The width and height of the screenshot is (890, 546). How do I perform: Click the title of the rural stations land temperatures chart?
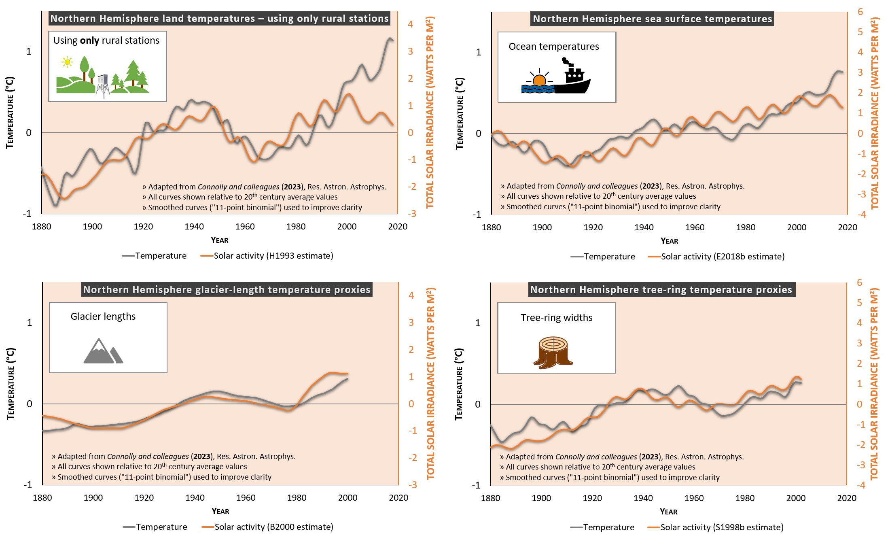[x=219, y=19]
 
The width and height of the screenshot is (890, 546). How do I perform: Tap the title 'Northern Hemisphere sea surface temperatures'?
[x=652, y=19]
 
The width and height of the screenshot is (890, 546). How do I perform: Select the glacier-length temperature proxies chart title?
[x=227, y=290]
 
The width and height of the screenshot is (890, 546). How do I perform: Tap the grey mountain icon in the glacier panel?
[x=103, y=351]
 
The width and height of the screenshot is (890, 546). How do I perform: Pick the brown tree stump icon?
[x=553, y=352]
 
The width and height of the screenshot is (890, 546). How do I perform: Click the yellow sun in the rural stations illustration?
[x=67, y=62]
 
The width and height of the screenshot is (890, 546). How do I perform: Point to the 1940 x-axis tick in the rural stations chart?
[x=194, y=227]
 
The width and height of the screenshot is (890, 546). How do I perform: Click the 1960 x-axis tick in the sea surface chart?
[x=695, y=227]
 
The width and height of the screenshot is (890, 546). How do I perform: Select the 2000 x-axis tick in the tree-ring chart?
[x=796, y=498]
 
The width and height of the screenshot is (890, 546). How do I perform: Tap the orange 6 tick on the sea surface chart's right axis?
[x=860, y=12]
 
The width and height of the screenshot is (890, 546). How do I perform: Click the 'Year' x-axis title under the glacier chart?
[x=220, y=512]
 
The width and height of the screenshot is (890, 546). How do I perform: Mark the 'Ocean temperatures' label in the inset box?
[x=553, y=47]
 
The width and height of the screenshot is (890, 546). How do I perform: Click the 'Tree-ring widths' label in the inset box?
[x=556, y=318]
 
